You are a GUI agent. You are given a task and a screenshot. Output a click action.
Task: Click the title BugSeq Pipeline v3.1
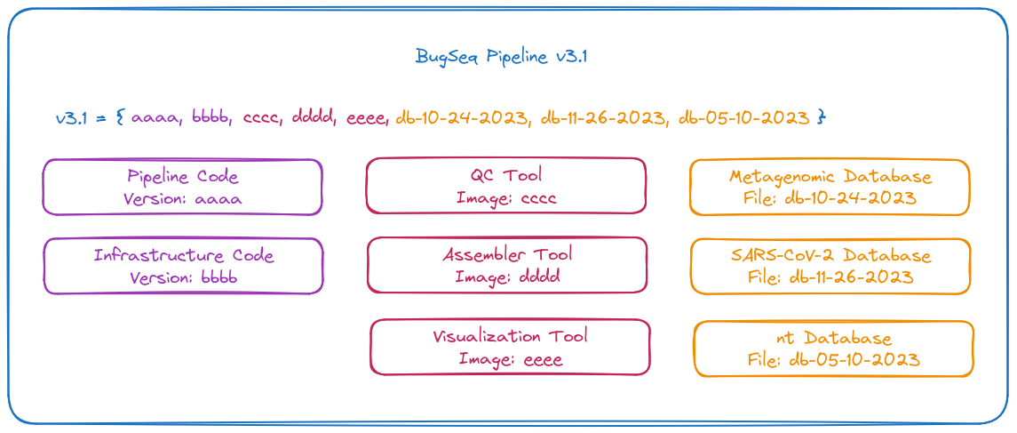point(501,57)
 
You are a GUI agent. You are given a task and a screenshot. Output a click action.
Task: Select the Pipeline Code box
point(182,187)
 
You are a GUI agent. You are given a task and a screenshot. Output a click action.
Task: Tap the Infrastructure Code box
point(183,266)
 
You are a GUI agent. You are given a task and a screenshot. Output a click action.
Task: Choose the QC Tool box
point(506,186)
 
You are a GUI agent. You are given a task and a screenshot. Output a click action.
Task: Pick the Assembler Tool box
point(507,265)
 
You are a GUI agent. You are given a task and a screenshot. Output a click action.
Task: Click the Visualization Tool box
point(510,348)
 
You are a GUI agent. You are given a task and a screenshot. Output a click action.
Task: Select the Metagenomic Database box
point(830,187)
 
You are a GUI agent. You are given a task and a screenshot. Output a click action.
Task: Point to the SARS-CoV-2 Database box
point(830,266)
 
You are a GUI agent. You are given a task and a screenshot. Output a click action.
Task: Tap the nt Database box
point(834,349)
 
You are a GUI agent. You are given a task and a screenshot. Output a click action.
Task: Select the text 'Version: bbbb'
point(183,277)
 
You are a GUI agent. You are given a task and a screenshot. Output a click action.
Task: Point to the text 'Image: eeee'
point(510,358)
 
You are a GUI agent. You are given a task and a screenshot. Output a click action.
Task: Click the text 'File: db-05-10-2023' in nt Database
point(834,359)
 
